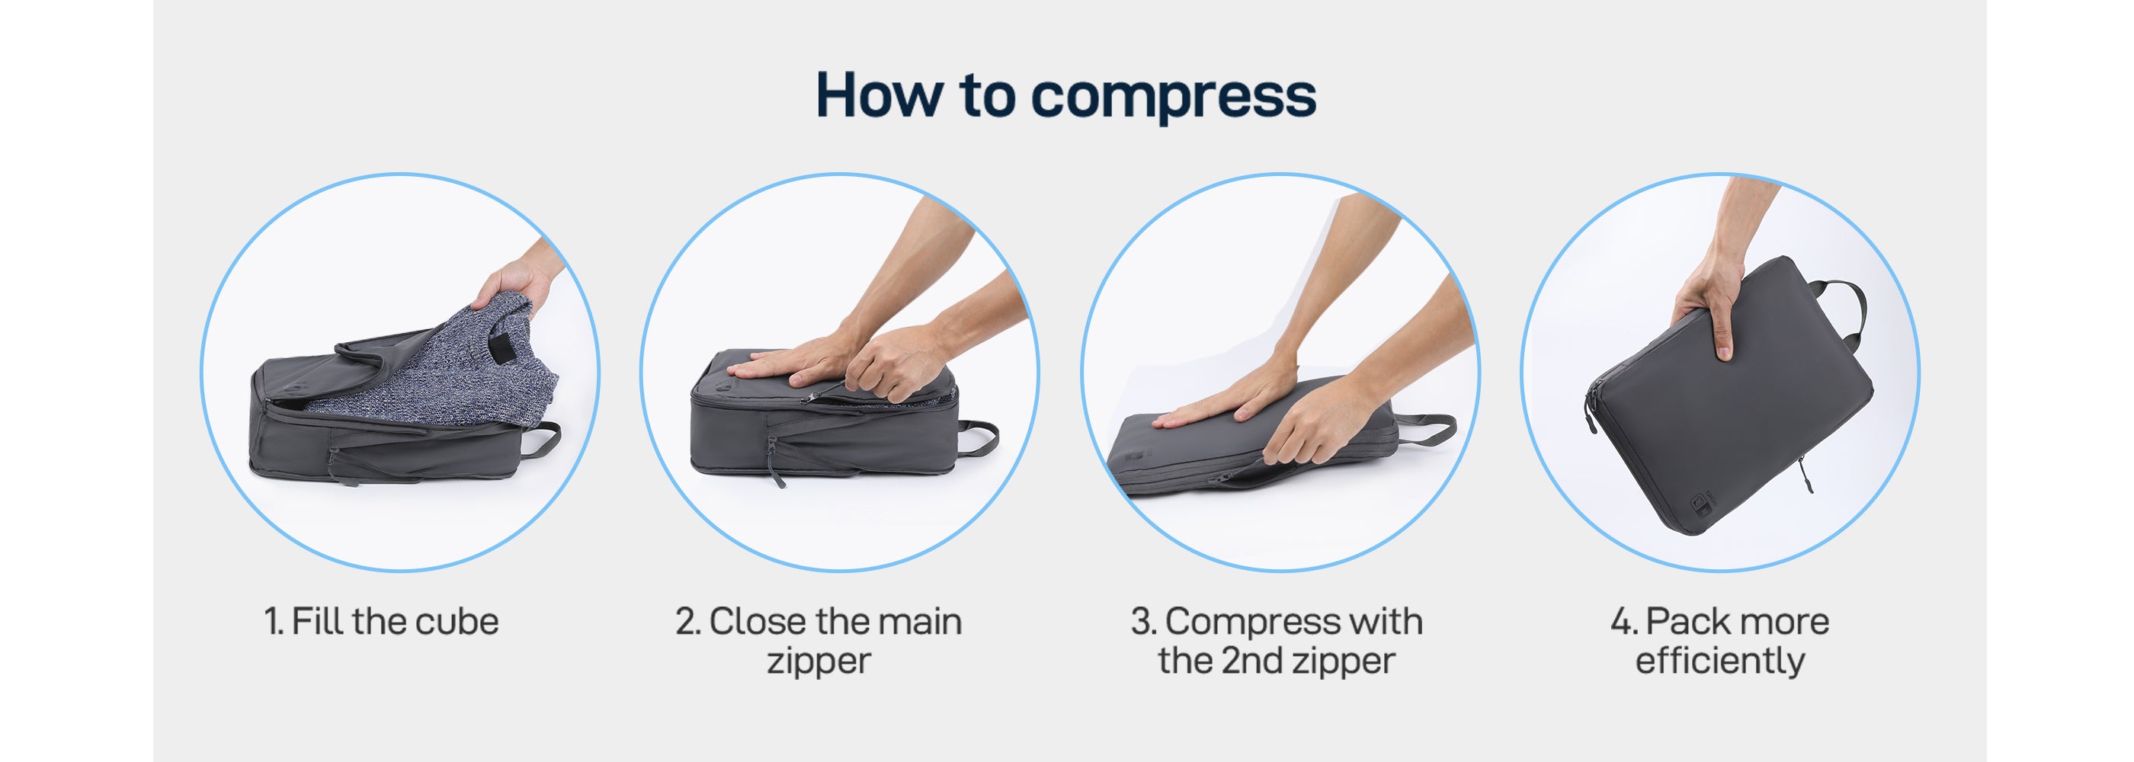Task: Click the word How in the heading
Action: coord(879,94)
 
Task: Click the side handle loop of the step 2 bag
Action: coord(979,437)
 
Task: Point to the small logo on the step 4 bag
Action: coord(1703,502)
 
